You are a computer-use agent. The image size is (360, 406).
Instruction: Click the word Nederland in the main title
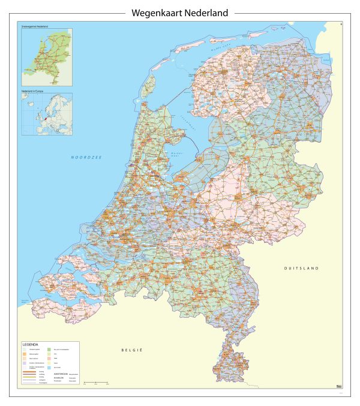tap(206, 13)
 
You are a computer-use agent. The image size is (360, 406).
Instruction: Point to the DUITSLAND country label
tap(301, 268)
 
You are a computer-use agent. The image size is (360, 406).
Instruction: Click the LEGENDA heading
tap(31, 345)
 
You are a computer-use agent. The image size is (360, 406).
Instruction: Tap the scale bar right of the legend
tap(96, 382)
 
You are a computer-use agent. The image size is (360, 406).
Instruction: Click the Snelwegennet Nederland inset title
tap(35, 27)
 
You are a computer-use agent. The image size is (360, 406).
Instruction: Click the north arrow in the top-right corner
tap(341, 25)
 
